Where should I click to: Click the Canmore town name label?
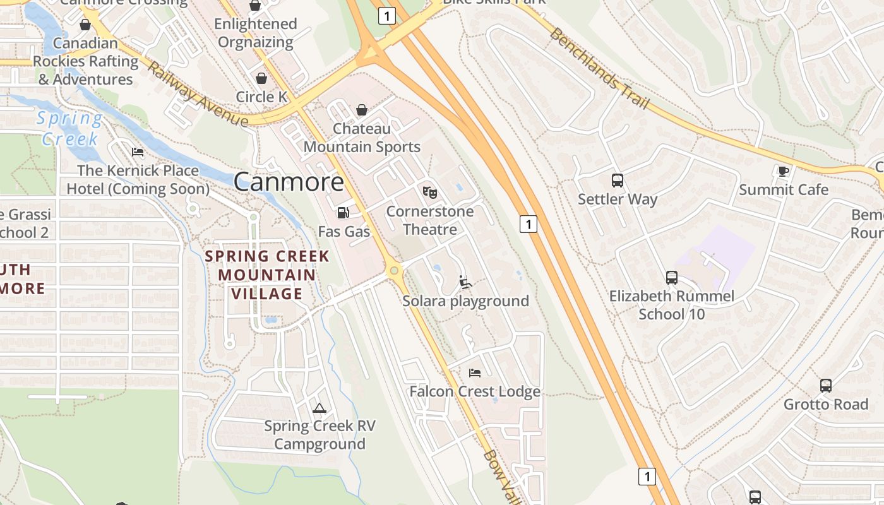(x=289, y=182)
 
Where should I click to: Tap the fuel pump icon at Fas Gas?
(x=343, y=213)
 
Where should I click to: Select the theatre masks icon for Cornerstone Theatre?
(x=429, y=192)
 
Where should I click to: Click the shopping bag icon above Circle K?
(x=261, y=78)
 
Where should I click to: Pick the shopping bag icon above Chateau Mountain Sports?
(x=362, y=110)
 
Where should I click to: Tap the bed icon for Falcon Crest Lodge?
(x=475, y=373)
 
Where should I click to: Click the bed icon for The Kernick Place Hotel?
(x=138, y=152)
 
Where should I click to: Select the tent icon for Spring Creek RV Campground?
(x=320, y=408)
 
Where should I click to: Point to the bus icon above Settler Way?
(x=618, y=181)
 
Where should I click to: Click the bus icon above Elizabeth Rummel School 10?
(x=671, y=278)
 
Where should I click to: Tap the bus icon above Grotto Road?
(x=825, y=385)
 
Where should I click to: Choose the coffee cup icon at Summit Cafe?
(x=783, y=171)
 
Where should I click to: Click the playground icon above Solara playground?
(x=465, y=282)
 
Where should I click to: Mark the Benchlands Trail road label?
(x=598, y=68)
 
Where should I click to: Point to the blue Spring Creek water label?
(x=69, y=128)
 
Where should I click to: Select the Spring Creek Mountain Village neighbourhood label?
(x=266, y=275)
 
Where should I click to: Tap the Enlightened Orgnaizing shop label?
(x=255, y=33)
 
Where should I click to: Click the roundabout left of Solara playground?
(x=395, y=271)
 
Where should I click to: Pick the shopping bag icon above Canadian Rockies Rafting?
(x=85, y=25)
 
